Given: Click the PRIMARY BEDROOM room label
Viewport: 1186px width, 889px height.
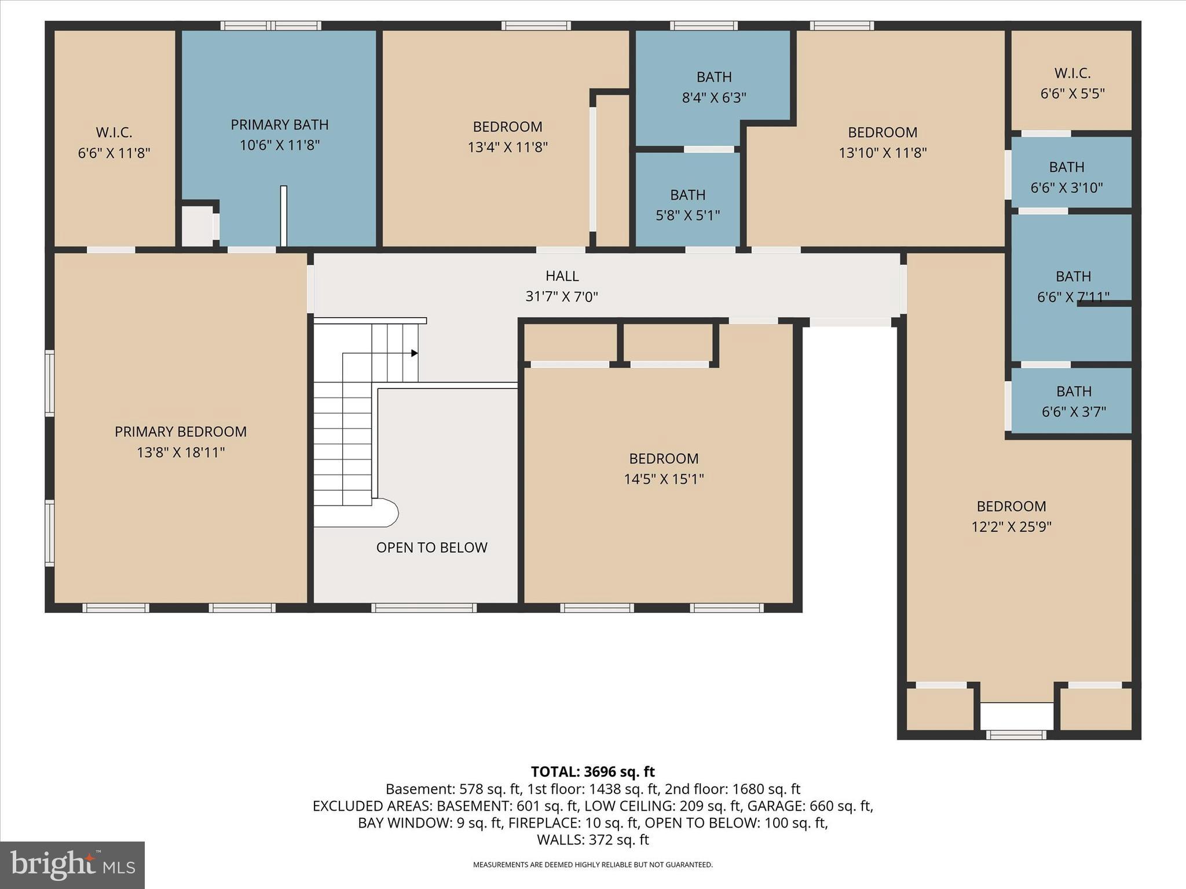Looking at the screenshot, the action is (181, 432).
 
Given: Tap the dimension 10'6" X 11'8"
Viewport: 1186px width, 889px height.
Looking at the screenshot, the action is (280, 145).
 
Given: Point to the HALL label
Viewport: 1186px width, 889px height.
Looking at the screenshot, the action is (562, 276).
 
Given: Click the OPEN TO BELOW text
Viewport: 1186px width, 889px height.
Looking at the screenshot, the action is (432, 548).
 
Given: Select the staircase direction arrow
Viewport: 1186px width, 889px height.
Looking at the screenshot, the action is (415, 353).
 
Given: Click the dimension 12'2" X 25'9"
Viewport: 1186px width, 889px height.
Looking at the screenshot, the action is (1011, 527).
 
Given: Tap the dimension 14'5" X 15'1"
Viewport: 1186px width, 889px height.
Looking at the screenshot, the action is (664, 479).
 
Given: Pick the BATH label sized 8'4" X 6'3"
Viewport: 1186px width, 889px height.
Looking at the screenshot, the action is (714, 77).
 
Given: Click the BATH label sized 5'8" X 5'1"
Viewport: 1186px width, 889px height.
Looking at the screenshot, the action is (688, 195).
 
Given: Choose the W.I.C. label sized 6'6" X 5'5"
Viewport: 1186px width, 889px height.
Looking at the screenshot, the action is (1072, 74).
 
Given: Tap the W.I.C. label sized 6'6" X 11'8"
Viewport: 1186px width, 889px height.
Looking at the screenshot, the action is (114, 133).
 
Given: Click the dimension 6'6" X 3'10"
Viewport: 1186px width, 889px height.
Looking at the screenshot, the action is (1067, 188).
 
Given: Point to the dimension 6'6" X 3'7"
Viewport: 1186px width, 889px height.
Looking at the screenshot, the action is (1074, 412).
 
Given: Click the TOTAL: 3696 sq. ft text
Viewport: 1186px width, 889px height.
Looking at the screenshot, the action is (593, 772).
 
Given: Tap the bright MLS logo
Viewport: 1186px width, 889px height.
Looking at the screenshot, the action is (72, 865).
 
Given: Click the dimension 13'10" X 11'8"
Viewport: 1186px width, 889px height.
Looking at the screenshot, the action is (883, 153).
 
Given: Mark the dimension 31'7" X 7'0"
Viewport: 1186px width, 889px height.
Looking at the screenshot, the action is (562, 297).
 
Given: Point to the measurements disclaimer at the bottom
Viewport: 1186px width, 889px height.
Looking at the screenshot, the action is (593, 865).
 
